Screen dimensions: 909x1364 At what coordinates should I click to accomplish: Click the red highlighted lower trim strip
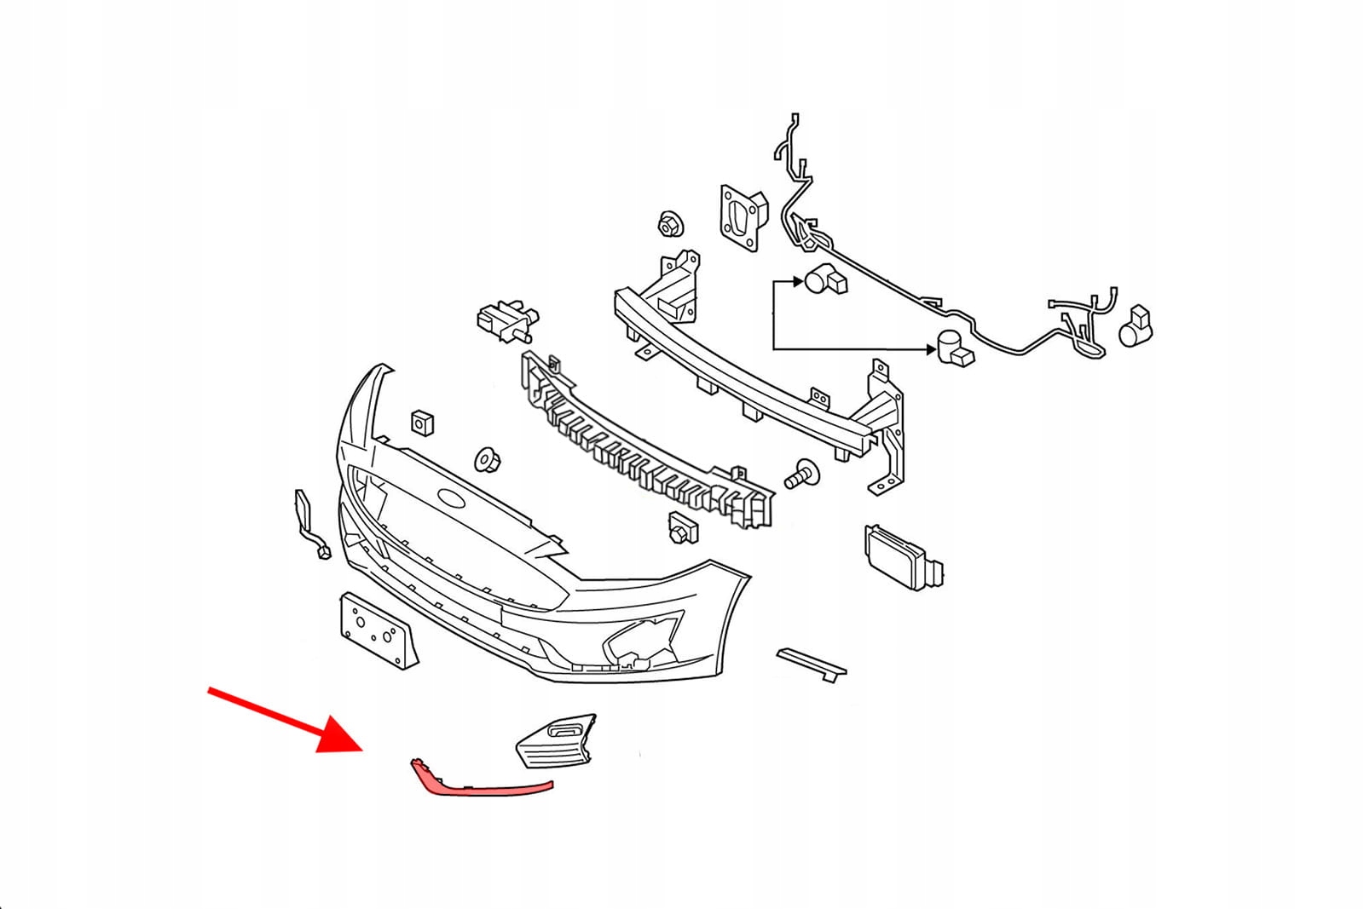tap(486, 788)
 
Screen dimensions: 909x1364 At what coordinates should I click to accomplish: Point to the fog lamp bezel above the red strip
tap(557, 739)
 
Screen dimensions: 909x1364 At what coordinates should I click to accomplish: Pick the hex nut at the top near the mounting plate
tap(669, 225)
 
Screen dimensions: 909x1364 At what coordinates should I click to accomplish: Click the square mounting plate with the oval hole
tap(741, 217)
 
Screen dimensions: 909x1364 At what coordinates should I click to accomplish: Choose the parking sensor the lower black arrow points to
tap(954, 348)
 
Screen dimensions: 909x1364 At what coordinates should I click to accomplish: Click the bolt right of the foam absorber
tap(800, 473)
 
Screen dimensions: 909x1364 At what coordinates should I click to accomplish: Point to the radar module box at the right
tap(902, 559)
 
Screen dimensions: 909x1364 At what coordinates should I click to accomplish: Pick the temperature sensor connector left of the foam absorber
tap(507, 320)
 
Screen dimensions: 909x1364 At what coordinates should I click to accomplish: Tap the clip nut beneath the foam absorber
tap(682, 527)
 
